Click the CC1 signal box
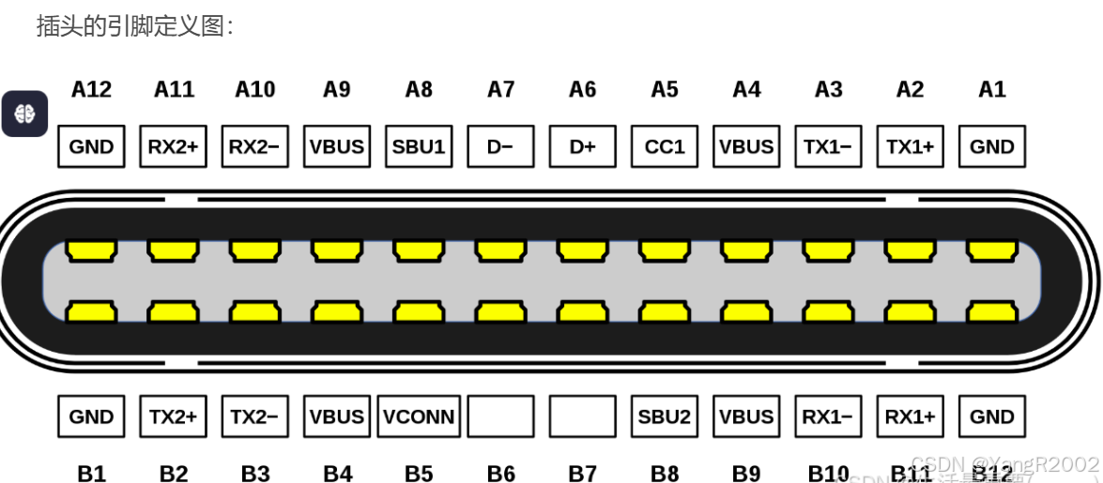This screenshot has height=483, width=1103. (665, 146)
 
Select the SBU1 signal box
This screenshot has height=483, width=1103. (419, 146)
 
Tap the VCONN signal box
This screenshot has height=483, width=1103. (419, 416)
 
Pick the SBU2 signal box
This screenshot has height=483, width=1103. (665, 416)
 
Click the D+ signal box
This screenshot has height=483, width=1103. (583, 146)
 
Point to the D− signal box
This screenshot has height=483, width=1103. (500, 146)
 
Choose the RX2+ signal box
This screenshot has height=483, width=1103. (173, 146)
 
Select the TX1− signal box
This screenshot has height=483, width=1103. (828, 146)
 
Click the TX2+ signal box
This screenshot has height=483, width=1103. (173, 416)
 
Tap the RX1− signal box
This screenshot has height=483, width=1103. (828, 416)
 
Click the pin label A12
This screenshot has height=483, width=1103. (91, 89)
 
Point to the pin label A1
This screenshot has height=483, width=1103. (992, 89)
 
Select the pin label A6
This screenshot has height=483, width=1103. (583, 89)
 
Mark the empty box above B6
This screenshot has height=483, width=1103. (500, 416)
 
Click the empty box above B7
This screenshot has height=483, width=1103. (583, 416)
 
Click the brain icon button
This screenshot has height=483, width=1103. (24, 113)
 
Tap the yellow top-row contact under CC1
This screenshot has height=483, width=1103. (665, 250)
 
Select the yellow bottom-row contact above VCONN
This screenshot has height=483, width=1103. (419, 309)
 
